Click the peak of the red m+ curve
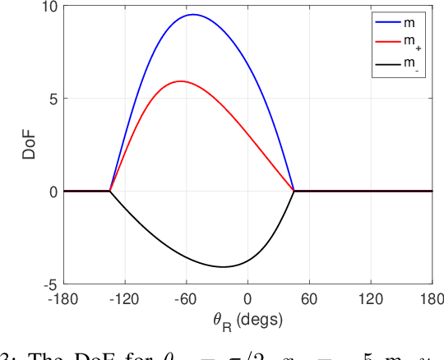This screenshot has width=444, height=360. coord(180,81)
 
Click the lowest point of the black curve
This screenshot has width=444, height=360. coord(223,266)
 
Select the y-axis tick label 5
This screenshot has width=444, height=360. coord(52,99)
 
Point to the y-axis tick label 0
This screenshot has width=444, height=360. coord(52,192)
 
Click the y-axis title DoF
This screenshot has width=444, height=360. coord(26,145)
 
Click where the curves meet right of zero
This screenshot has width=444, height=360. coord(294,191)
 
